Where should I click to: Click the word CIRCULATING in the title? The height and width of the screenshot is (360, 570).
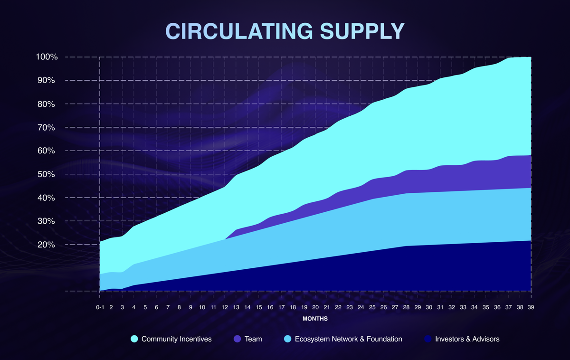(x=238, y=31)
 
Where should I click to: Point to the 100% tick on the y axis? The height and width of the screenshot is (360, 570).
(x=47, y=57)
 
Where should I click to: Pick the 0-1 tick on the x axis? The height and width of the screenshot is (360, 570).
(x=100, y=307)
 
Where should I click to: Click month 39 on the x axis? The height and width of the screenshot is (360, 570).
(x=531, y=307)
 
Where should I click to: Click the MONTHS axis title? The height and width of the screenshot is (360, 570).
(x=315, y=319)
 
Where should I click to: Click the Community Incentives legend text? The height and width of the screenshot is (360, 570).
(x=177, y=339)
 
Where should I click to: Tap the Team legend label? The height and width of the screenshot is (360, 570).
(x=253, y=339)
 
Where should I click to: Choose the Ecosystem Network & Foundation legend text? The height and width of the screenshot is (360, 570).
(x=348, y=339)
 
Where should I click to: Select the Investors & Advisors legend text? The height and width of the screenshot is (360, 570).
(x=467, y=339)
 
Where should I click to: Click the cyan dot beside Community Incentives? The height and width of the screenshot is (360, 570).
(x=134, y=339)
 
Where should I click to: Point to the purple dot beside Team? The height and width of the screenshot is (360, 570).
(x=237, y=339)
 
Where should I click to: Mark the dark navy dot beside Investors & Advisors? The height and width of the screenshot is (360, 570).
(x=428, y=339)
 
